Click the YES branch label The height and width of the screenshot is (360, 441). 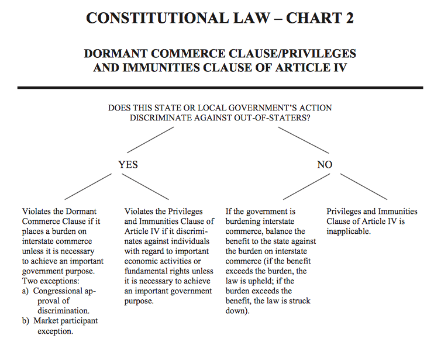[128, 165]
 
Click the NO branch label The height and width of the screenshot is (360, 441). [325, 165]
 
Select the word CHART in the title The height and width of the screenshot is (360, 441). [305, 18]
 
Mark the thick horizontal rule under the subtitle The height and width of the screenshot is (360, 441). [220, 88]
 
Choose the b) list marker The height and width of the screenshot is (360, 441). [26, 321]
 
